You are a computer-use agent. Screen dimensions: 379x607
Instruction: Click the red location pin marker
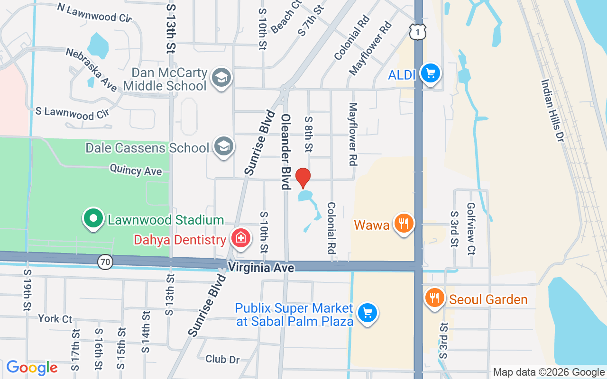click(x=303, y=178)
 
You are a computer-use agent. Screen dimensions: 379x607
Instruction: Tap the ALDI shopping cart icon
click(x=431, y=73)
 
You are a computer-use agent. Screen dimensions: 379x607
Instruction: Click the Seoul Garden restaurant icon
click(x=434, y=298)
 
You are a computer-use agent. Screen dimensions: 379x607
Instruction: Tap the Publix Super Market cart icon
click(x=368, y=313)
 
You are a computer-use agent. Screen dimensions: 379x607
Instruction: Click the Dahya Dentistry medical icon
click(x=240, y=238)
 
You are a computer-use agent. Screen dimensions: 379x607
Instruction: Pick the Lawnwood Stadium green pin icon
click(x=93, y=219)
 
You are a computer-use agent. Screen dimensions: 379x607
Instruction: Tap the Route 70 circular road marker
click(x=106, y=261)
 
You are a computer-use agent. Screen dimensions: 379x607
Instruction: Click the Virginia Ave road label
click(x=261, y=268)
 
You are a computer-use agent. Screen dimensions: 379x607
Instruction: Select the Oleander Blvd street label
click(x=285, y=152)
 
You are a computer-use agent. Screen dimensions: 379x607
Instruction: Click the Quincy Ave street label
click(x=136, y=170)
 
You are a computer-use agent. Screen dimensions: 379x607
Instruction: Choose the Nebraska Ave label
click(x=91, y=70)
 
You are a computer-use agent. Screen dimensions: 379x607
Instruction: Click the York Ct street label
click(x=55, y=318)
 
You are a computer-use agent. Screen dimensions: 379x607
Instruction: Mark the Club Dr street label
click(x=222, y=359)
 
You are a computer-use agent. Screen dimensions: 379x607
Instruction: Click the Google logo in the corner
click(x=32, y=368)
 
